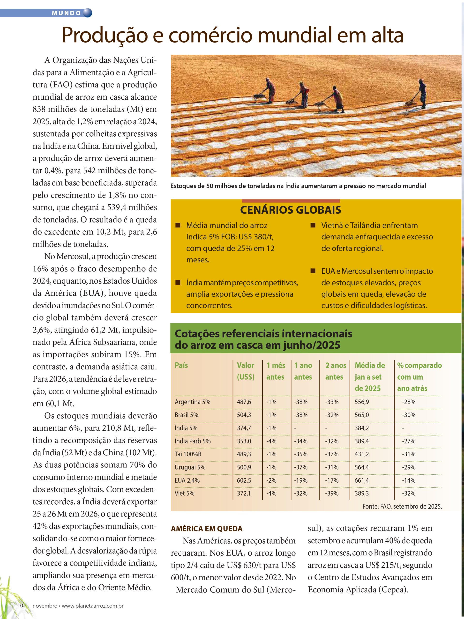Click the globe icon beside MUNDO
coord(87,13)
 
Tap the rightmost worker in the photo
coord(422,94)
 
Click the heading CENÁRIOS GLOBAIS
coord(290,210)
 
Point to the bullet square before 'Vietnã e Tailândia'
coord(313,225)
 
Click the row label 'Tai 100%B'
coord(188,454)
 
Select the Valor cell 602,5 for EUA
coord(244,480)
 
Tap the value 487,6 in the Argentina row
coord(244,402)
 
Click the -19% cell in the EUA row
coord(301,480)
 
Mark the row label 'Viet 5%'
coord(185,493)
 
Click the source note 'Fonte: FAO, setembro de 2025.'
coord(402,506)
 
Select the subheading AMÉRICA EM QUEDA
coord(207,529)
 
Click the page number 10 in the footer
coord(20,605)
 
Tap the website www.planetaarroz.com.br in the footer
coord(92,605)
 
